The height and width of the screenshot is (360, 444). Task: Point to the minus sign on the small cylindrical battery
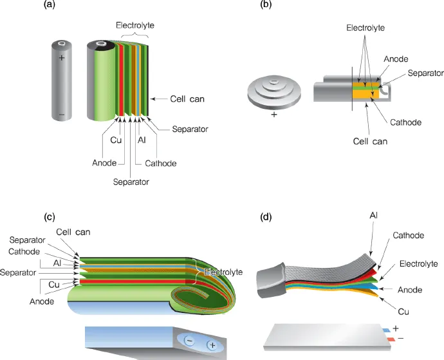(x=62, y=117)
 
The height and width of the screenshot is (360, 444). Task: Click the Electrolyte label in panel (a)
(x=136, y=25)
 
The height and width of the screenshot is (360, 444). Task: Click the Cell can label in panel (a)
(x=187, y=99)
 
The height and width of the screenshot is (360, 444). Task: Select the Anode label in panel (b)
(x=396, y=59)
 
